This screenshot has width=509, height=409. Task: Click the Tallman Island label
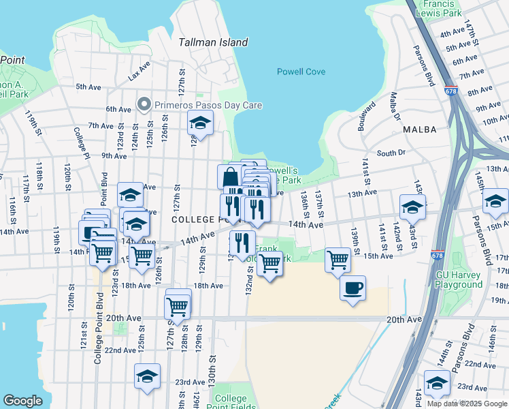click(213, 42)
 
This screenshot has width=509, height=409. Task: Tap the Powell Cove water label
click(301, 72)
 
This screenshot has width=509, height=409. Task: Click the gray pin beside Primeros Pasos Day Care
click(144, 104)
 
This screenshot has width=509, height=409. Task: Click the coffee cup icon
click(352, 288)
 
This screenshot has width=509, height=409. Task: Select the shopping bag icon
click(230, 177)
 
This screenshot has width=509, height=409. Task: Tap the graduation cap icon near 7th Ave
click(199, 123)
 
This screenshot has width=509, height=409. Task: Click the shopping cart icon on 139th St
click(338, 260)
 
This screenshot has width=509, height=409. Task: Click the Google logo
click(22, 401)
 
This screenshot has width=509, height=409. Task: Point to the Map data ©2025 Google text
click(466, 404)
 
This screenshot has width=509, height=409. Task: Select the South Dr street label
click(391, 153)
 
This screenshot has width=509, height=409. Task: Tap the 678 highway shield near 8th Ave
click(451, 91)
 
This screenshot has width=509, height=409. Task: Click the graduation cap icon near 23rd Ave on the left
click(147, 376)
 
